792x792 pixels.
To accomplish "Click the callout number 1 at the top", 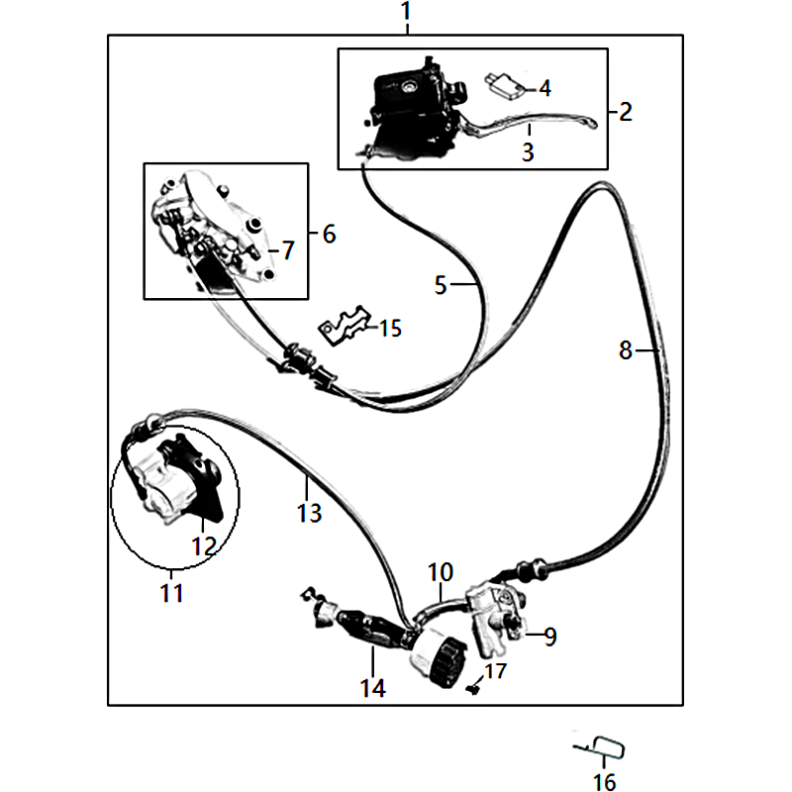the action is (x=406, y=11).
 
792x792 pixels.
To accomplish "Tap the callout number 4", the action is (x=544, y=88).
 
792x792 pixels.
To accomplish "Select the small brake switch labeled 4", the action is (x=502, y=84).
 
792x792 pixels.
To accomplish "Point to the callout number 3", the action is (x=528, y=151).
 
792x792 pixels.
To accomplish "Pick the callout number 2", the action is (x=626, y=112).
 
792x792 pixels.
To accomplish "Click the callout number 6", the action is (x=329, y=234).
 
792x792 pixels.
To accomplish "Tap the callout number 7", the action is (x=288, y=250).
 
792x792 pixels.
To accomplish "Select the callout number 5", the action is (x=441, y=285).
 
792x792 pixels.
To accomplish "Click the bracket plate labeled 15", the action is (x=344, y=326).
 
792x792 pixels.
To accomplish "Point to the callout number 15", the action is (x=390, y=329).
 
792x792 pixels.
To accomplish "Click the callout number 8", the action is (x=626, y=350).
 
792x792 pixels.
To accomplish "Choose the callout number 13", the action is (x=309, y=513).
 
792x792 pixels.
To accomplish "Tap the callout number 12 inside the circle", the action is (x=205, y=546).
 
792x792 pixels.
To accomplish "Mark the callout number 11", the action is (x=171, y=593).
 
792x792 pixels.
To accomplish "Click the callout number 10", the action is (x=441, y=572).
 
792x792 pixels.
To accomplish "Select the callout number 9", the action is (x=550, y=637).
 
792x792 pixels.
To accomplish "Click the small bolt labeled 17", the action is (x=473, y=688).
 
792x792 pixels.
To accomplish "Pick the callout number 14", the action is (x=373, y=688).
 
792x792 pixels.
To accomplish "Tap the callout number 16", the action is (x=604, y=782).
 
